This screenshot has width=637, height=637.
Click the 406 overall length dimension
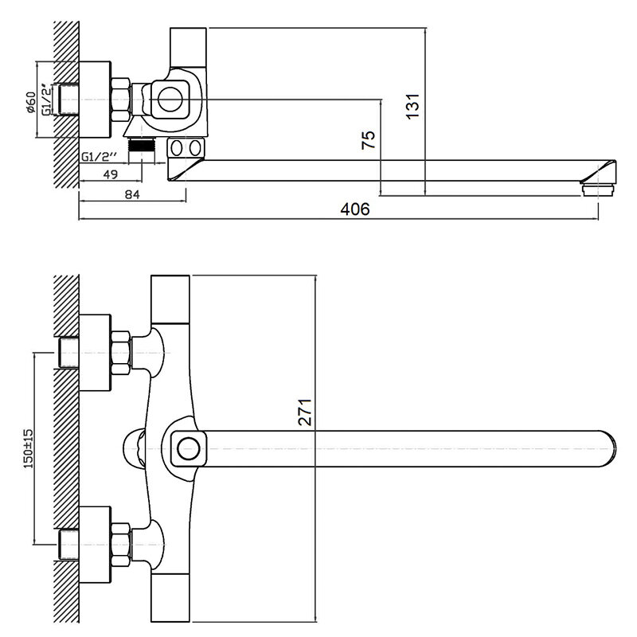coord(355,209)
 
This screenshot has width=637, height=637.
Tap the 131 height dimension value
coord(412,106)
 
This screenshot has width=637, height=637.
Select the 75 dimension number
coord(369,140)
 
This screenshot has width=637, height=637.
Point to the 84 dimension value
coord(132,194)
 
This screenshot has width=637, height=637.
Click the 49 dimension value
coord(111,174)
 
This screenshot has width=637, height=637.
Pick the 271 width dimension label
coord(305,412)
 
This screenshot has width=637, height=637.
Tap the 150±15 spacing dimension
coord(29,448)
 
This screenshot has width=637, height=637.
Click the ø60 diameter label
coord(31,103)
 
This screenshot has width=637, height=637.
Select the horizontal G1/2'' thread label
coord(99,156)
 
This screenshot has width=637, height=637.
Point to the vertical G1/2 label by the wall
coord(47,100)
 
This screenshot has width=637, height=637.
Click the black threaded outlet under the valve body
coord(142,146)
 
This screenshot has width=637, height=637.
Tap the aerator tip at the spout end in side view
coord(599,190)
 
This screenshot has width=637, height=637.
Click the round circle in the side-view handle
coord(170,100)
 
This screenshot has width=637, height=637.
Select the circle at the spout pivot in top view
coord(188,449)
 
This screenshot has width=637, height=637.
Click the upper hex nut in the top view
coord(121,352)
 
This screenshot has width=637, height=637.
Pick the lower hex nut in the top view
coord(121,545)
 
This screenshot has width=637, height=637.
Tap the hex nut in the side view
coord(121,100)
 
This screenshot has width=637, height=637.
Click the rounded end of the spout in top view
coord(609,448)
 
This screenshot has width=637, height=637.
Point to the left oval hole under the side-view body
coord(176,148)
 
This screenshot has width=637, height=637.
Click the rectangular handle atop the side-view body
coord(188,47)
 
